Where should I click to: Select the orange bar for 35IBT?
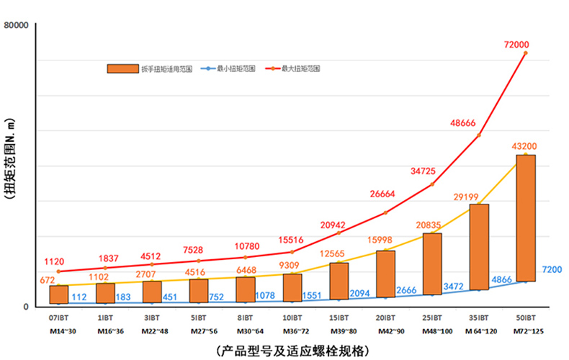point(479,247)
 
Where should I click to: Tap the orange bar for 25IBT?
point(432,264)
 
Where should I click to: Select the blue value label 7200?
point(552,269)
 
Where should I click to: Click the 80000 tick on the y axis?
point(16,26)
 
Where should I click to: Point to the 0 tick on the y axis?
point(25,307)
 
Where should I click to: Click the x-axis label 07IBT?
point(59,317)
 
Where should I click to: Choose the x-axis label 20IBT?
point(385,317)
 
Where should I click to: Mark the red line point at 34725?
point(431,184)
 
